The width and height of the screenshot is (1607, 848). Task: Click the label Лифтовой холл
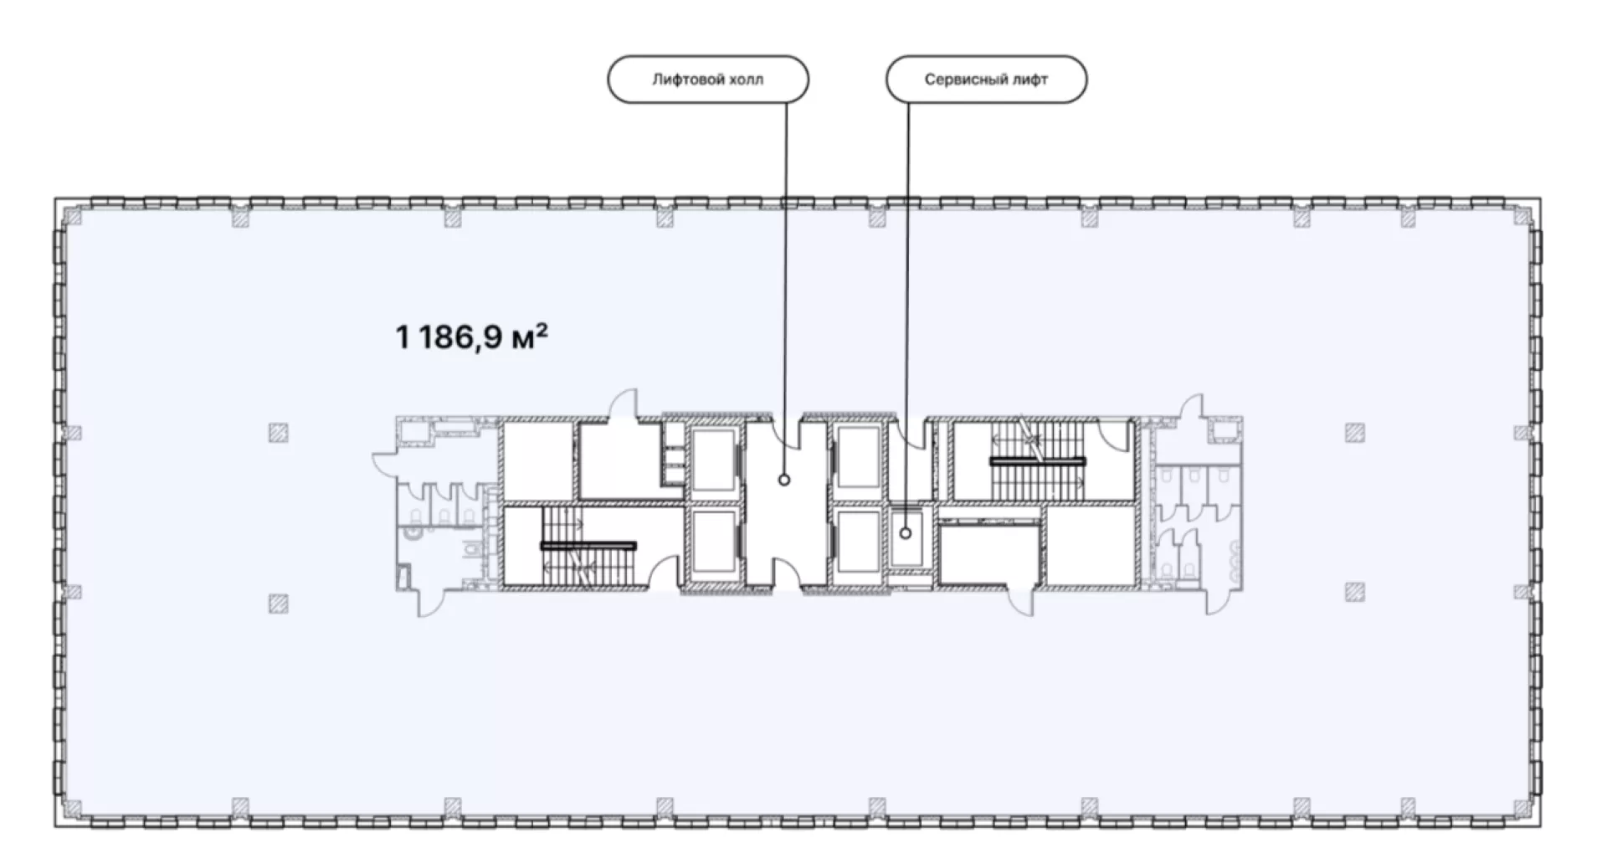click(707, 80)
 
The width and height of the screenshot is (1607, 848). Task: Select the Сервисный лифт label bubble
click(986, 80)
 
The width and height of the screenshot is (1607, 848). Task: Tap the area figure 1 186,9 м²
click(472, 337)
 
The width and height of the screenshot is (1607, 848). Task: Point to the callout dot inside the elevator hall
click(784, 480)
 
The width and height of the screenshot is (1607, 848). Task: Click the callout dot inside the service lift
click(906, 533)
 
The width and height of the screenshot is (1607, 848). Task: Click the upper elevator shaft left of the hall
click(712, 460)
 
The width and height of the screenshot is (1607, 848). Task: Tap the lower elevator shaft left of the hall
click(712, 543)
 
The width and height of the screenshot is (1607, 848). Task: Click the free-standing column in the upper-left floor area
click(279, 433)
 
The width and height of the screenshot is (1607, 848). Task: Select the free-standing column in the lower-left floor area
click(279, 603)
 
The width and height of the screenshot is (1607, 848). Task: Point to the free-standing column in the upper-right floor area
click(1355, 433)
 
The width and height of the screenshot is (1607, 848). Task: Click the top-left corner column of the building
click(74, 218)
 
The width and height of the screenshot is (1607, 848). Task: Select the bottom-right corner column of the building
click(1520, 807)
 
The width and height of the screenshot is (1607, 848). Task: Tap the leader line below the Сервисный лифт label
click(907, 315)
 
